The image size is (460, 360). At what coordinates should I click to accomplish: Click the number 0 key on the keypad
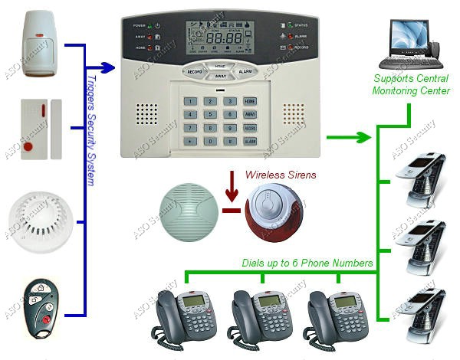pos(209,141)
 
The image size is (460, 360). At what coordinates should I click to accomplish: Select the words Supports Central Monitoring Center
pos(411,85)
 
